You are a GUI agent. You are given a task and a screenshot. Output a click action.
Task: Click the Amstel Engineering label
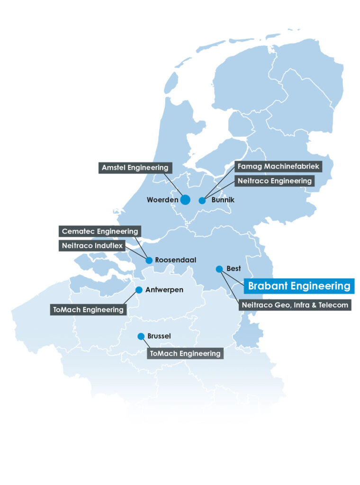[x=135, y=168]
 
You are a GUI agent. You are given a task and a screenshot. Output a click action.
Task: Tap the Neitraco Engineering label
[x=274, y=180]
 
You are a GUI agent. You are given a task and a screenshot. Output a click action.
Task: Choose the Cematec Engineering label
[x=100, y=232]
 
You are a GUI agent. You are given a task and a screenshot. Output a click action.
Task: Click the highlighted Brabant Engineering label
[x=299, y=286]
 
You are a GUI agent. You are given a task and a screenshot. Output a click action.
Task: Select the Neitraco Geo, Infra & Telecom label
[x=295, y=305]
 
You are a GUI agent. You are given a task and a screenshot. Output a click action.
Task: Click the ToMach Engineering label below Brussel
[x=185, y=353]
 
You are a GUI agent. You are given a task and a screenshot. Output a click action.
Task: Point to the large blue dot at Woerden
[x=185, y=200]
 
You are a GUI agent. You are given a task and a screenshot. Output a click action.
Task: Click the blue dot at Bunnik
[x=202, y=200]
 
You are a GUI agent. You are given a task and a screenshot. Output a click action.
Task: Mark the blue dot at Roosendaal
[x=149, y=260]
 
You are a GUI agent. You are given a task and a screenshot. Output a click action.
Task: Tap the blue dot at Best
[x=219, y=269]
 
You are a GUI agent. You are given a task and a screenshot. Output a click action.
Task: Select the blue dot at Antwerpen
[x=139, y=290]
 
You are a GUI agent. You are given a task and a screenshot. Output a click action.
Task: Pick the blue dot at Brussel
[x=141, y=336]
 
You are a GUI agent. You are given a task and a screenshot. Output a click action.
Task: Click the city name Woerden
[x=162, y=200]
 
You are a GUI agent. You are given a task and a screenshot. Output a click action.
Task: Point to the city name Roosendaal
[x=175, y=260]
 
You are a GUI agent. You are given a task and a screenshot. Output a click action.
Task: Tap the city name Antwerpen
[x=164, y=290]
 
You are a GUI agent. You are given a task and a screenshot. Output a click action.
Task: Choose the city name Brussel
[x=159, y=336]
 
